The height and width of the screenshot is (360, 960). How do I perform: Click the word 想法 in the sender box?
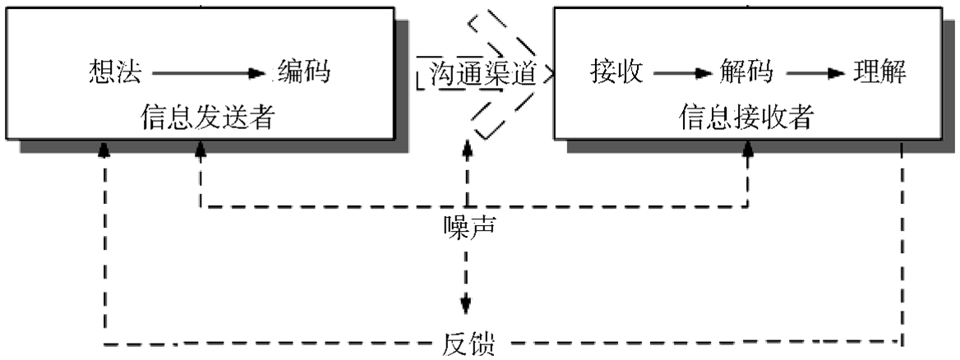click(114, 72)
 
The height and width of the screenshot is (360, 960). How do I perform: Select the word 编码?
click(303, 72)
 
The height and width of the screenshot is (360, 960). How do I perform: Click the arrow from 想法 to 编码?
click(210, 74)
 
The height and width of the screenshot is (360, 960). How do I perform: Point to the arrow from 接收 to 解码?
click(681, 74)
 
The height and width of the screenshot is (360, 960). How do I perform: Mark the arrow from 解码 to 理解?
click(815, 74)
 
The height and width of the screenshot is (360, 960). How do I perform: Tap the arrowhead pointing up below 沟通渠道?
click(468, 148)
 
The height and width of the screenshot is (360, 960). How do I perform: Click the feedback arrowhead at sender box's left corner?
click(104, 149)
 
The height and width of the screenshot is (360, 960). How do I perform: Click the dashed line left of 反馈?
click(271, 342)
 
